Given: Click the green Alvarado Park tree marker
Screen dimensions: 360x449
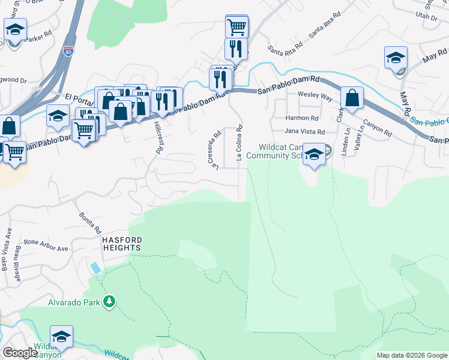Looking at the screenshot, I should pyautogui.click(x=109, y=301).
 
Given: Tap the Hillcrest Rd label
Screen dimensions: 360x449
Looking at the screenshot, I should pyautogui.click(x=158, y=138).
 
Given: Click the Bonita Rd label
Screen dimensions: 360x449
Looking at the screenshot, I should pyautogui.click(x=89, y=223).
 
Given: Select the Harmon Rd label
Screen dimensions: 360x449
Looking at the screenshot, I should pyautogui.click(x=302, y=118).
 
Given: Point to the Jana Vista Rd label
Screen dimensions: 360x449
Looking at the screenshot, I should pyautogui.click(x=304, y=131).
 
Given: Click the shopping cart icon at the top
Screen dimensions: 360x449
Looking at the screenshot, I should pyautogui.click(x=237, y=26).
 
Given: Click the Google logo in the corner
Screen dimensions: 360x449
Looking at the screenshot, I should pyautogui.click(x=19, y=353).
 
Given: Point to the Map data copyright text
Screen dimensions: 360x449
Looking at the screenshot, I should pyautogui.click(x=412, y=355).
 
